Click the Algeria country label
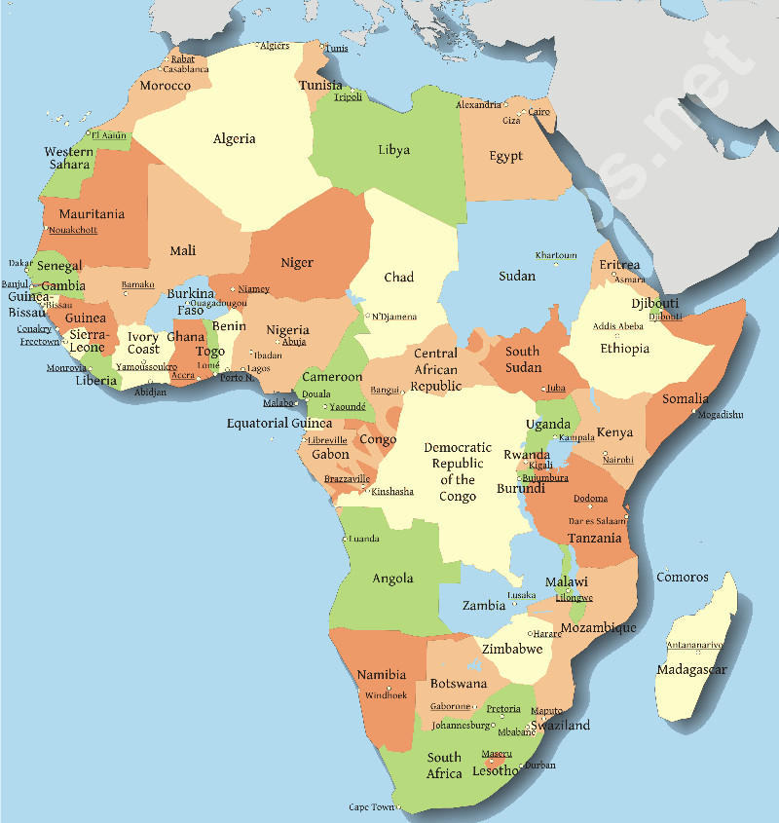[x=235, y=138]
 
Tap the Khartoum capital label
[x=556, y=255]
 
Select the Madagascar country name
[x=691, y=670]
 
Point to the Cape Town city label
[x=371, y=807]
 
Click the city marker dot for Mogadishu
[x=694, y=412]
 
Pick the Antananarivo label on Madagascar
[x=694, y=645]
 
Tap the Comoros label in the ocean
[x=682, y=577]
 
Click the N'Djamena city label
[x=393, y=317]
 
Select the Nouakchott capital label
[x=73, y=230]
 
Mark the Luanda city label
[x=363, y=538]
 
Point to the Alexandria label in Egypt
[x=478, y=105]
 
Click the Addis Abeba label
[x=617, y=326]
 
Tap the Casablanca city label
[x=185, y=69]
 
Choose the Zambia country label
[x=483, y=606]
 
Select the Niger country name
[x=297, y=263]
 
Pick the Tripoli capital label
[x=348, y=97]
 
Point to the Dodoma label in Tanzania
[x=590, y=499]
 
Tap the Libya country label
[x=393, y=150]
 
